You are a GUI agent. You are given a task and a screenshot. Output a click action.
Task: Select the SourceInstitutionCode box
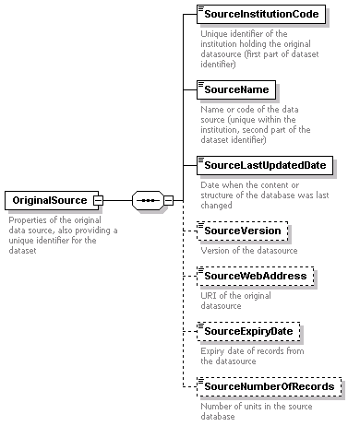(x=261, y=15)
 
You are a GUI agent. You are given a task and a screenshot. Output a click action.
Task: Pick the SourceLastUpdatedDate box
(x=266, y=165)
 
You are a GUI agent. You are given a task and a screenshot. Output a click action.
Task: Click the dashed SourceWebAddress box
(x=258, y=276)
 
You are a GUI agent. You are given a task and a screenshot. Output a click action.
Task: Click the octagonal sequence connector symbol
(x=148, y=199)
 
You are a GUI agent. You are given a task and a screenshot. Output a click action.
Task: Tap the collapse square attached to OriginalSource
(x=98, y=199)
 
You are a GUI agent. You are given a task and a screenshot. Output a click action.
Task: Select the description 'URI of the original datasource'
(x=235, y=301)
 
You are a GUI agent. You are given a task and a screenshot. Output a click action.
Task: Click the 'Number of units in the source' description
(x=258, y=410)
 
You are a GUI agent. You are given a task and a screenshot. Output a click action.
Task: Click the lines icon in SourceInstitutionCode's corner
(x=200, y=10)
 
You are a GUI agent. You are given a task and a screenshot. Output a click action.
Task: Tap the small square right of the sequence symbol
(x=169, y=199)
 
